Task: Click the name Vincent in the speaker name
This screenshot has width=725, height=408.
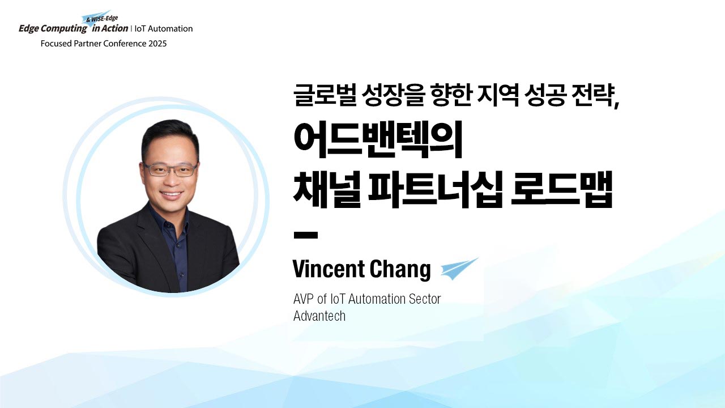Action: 329,269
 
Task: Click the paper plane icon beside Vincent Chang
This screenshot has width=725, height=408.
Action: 459,269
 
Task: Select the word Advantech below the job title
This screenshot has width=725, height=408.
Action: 319,316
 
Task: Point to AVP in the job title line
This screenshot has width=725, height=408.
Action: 304,299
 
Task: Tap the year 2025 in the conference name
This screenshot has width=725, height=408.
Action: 157,44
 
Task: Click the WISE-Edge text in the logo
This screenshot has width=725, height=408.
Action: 104,19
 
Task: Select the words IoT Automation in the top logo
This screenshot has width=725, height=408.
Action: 164,29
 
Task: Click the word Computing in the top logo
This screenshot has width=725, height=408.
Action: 64,29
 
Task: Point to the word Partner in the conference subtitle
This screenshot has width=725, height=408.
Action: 86,44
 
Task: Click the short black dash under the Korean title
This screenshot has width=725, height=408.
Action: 305,235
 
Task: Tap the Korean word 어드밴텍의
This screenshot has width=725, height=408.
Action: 378,140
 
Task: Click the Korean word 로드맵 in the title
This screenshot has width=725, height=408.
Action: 562,190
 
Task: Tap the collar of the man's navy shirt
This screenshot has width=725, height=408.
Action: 169,223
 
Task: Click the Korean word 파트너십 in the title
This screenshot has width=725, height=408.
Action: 436,190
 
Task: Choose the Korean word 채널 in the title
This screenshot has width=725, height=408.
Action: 327,190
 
